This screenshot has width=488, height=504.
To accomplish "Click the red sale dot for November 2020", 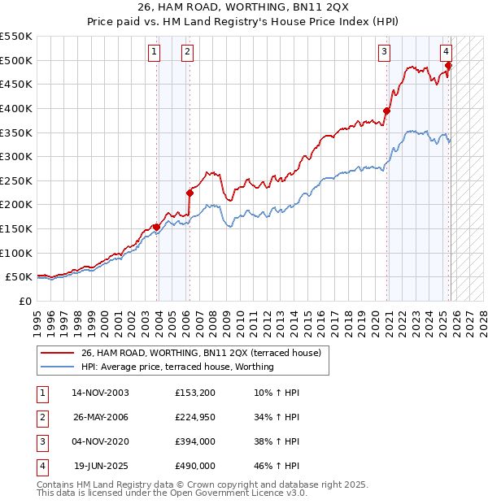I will [387, 111].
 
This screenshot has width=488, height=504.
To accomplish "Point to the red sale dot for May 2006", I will [190, 193].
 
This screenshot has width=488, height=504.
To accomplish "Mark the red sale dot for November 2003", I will [156, 228].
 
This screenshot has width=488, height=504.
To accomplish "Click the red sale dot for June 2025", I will [448, 65].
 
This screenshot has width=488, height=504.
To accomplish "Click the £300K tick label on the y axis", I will [16, 156].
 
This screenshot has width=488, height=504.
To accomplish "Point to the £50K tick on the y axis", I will [19, 277].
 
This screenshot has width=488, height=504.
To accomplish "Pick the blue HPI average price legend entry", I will [177, 367].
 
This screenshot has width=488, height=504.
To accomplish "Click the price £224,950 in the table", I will [194, 417].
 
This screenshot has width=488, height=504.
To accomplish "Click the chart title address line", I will [243, 8].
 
